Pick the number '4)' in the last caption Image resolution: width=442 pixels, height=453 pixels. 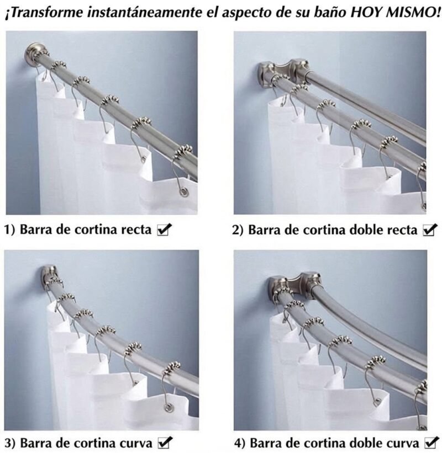(x=240, y=443)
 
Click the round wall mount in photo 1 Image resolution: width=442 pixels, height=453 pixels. (x=33, y=52)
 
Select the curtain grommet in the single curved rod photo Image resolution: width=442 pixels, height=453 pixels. (x=168, y=408)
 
